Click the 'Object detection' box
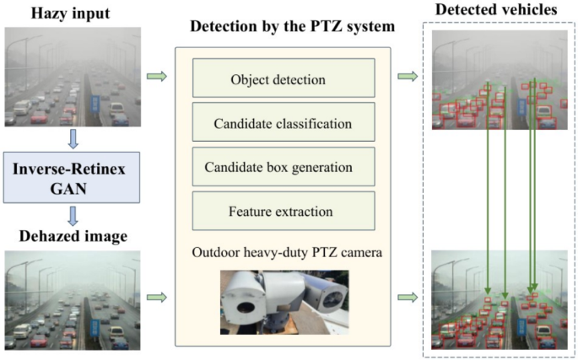[278, 81]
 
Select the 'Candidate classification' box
[278, 123]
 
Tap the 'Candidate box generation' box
[278, 167]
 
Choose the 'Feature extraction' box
[278, 211]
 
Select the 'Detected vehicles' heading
[495, 10]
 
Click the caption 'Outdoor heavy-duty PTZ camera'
[278, 250]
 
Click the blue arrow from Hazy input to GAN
[72, 138]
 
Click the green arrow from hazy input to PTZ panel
[156, 78]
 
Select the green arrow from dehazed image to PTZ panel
[156, 297]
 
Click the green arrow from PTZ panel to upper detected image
[408, 78]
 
